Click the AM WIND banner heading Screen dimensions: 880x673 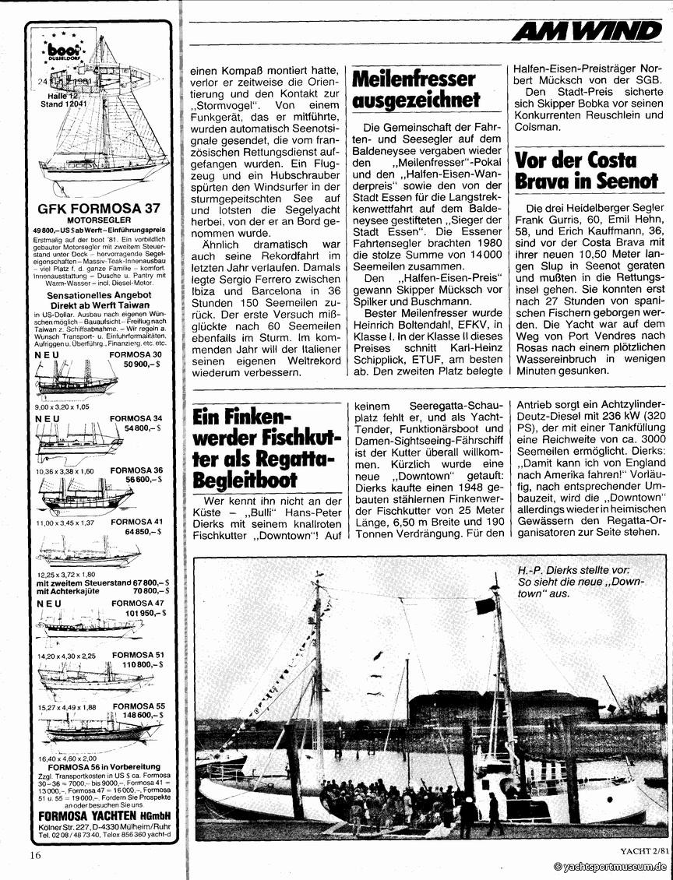pyautogui.click(x=587, y=30)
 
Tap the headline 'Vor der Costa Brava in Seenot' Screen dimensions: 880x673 pyautogui.click(x=586, y=170)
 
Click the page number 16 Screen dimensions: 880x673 pyautogui.click(x=34, y=854)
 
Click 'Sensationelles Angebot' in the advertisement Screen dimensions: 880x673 pyautogui.click(x=99, y=297)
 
